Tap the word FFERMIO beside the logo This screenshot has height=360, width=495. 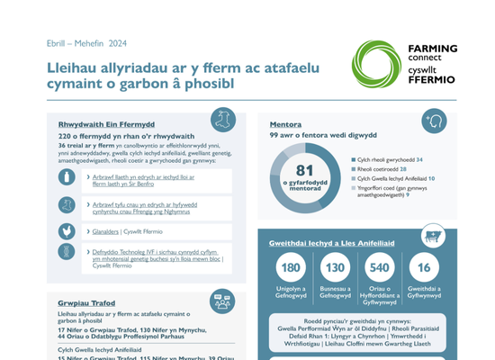pyautogui.click(x=433, y=79)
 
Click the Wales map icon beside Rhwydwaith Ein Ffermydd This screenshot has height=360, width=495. pyautogui.click(x=224, y=119)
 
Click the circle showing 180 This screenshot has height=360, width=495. pyautogui.click(x=291, y=268)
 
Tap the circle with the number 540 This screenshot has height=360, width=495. pyautogui.click(x=380, y=268)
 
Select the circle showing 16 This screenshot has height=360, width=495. pyautogui.click(x=425, y=268)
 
